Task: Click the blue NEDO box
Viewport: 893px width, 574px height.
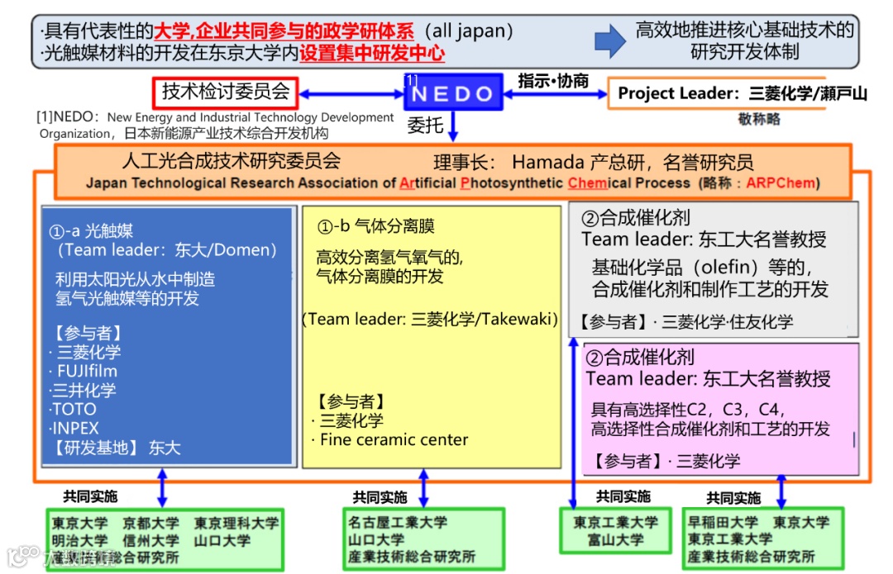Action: click(x=453, y=93)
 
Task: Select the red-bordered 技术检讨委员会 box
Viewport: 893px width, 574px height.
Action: click(x=224, y=92)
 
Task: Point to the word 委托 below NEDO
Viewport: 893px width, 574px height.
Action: click(x=427, y=125)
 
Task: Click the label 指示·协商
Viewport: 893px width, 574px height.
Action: click(x=553, y=80)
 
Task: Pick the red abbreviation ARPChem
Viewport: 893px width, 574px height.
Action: click(x=781, y=183)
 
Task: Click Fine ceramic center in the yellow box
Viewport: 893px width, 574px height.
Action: click(x=394, y=439)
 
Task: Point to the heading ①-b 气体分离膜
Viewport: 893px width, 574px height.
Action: click(x=376, y=226)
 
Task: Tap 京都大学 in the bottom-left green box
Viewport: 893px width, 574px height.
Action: click(x=150, y=523)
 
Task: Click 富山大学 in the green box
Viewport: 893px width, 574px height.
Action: click(x=615, y=540)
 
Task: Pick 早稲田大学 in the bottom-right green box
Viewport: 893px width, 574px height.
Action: click(x=723, y=522)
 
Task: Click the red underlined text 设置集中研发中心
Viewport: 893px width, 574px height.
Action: click(x=372, y=55)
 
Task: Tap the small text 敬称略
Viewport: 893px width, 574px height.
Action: click(x=759, y=119)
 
